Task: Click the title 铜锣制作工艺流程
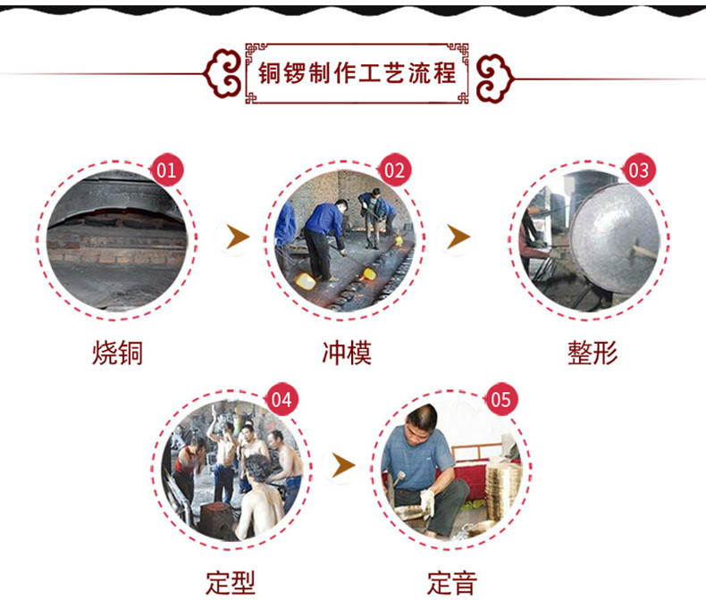357,73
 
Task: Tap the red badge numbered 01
166,170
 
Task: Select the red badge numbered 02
394,170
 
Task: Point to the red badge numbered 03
638,170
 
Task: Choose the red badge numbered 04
282,399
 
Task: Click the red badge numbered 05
500,399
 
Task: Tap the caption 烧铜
117,353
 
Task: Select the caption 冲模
347,353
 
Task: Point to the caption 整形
593,353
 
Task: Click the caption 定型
231,583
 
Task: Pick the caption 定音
452,583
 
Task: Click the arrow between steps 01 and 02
237,237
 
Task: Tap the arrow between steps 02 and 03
458,237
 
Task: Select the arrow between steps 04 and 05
343,466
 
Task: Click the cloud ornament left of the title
223,74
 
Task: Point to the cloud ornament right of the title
494,79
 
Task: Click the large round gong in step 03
613,238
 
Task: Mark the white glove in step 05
428,503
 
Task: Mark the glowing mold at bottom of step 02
305,281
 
